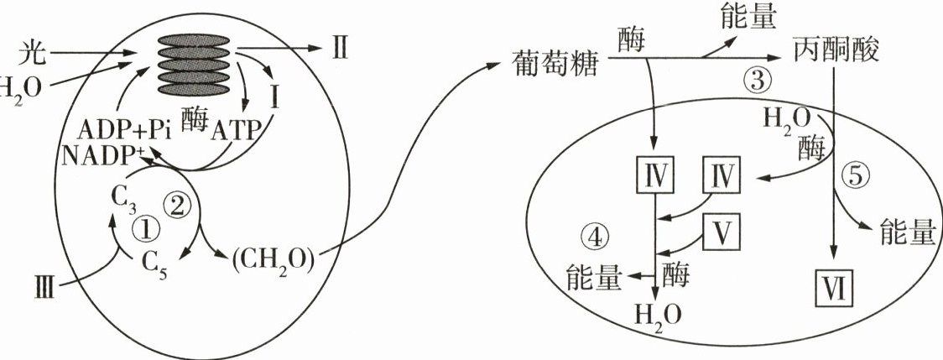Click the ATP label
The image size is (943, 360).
click(x=234, y=131)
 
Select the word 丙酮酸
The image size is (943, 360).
click(x=835, y=51)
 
